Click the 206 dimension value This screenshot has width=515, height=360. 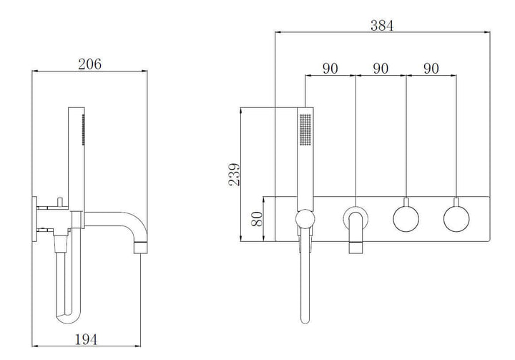click(89, 64)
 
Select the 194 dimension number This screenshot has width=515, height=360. click(85, 339)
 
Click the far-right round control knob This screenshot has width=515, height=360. click(456, 218)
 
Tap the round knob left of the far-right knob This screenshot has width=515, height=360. click(406, 218)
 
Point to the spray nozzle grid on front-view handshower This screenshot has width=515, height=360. click(305, 130)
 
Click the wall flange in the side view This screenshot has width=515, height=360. click(35, 219)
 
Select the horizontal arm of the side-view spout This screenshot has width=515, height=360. click(107, 215)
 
